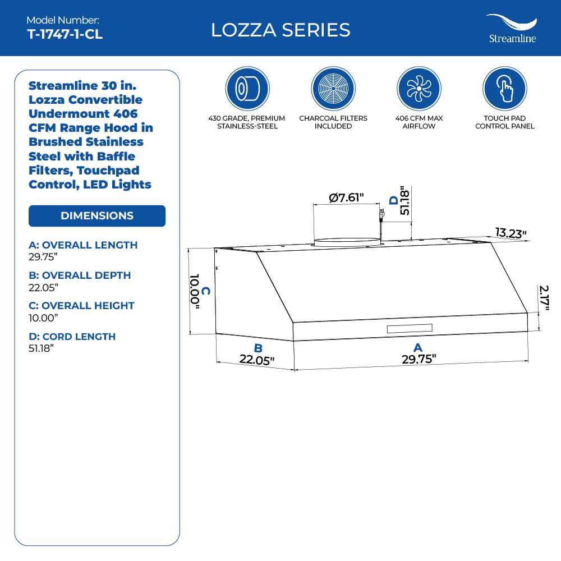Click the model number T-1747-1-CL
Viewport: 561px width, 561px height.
pyautogui.click(x=65, y=34)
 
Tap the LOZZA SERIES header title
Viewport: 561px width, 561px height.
pyautogui.click(x=280, y=30)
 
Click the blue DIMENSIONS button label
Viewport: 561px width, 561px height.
pyautogui.click(x=97, y=216)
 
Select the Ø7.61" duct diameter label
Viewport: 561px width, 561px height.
pyautogui.click(x=347, y=197)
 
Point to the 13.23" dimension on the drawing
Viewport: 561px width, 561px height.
pyautogui.click(x=511, y=233)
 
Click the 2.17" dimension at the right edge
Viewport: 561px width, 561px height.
pyautogui.click(x=544, y=297)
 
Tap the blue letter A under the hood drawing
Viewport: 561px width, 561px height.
pyautogui.click(x=417, y=348)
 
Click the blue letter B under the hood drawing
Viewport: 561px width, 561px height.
pyautogui.click(x=258, y=348)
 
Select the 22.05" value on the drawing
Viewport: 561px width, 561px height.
pyautogui.click(x=257, y=360)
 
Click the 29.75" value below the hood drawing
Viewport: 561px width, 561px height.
pyautogui.click(x=419, y=360)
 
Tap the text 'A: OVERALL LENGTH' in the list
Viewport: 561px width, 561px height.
pyautogui.click(x=83, y=245)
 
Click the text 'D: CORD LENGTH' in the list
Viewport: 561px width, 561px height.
pyautogui.click(x=72, y=337)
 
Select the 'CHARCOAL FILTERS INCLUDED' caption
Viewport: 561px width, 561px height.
pyautogui.click(x=333, y=122)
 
